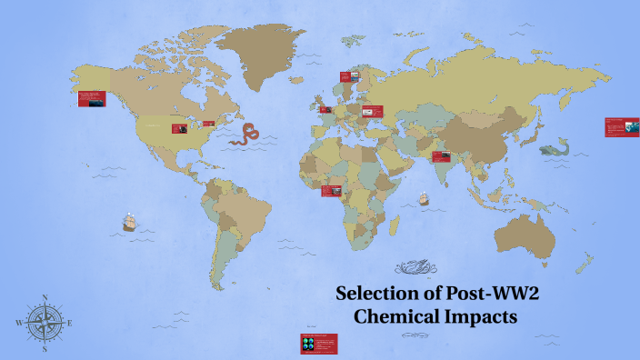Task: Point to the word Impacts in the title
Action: coord(482,318)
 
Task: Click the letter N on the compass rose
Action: coord(45,297)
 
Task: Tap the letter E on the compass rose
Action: coord(70,323)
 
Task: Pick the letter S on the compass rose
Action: coord(45,348)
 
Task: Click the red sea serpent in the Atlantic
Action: coord(245,135)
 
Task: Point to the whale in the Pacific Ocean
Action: coord(552,148)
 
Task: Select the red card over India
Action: coord(442,155)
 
